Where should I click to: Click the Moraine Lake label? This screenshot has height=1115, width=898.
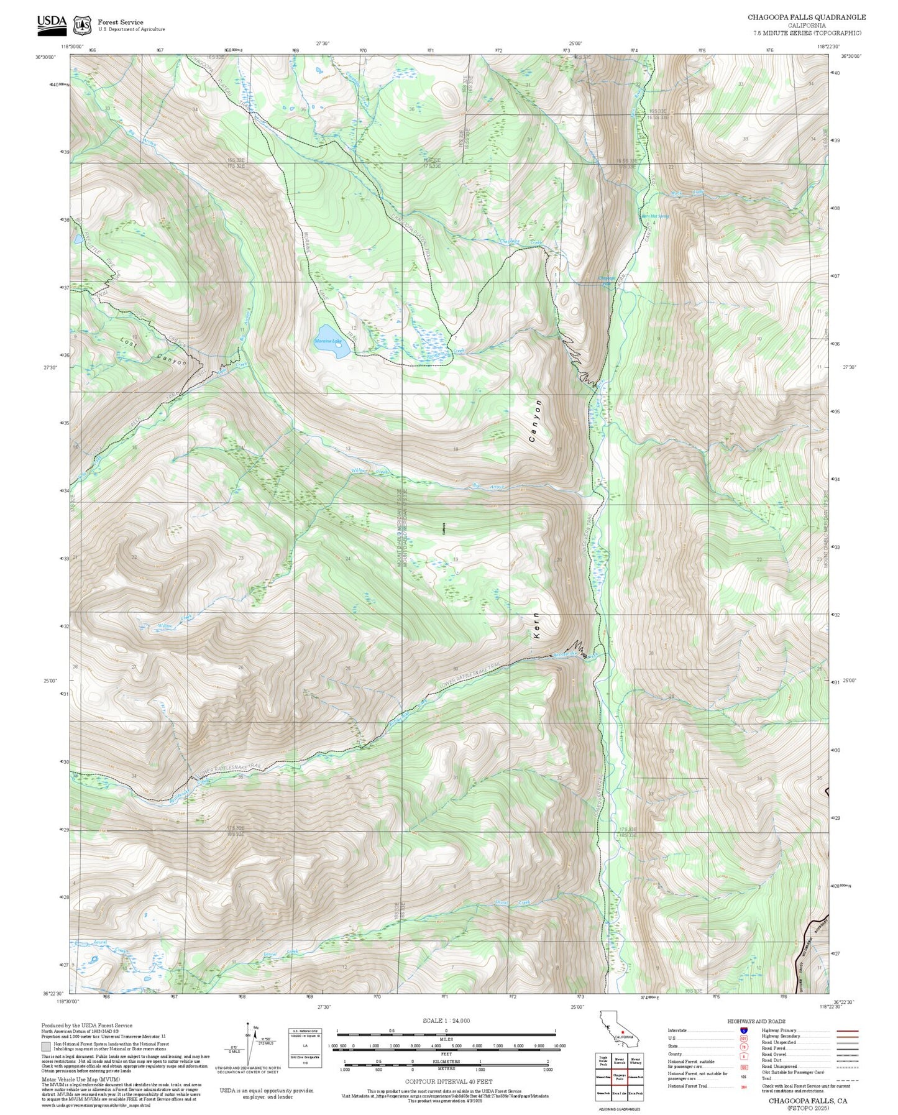328,341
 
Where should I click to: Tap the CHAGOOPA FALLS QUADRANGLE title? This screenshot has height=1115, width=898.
806,17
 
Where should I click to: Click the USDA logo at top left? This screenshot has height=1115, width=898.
52,23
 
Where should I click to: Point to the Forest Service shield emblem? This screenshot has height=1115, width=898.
82,25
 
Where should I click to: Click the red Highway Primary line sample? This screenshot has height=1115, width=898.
847,1030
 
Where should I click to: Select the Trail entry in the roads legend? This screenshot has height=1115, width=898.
767,1078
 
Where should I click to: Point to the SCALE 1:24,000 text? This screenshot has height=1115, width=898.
446,1021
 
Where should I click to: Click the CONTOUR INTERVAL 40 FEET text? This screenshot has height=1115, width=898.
446,1081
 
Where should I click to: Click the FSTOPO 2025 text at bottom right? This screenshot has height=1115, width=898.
807,1108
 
